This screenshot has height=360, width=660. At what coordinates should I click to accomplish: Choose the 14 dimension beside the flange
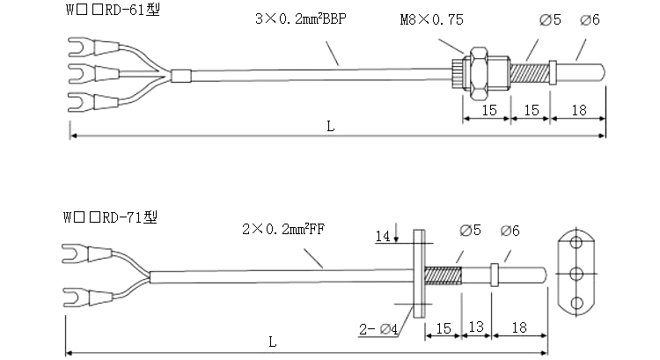(382, 236)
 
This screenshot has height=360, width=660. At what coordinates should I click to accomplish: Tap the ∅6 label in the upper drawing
(590, 18)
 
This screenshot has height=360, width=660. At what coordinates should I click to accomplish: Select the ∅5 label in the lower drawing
(471, 231)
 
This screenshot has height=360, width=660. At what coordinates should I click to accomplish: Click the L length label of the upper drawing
(330, 126)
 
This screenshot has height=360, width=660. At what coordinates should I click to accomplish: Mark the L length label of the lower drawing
(272, 341)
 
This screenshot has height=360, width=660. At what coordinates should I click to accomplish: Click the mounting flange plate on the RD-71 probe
(417, 274)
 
